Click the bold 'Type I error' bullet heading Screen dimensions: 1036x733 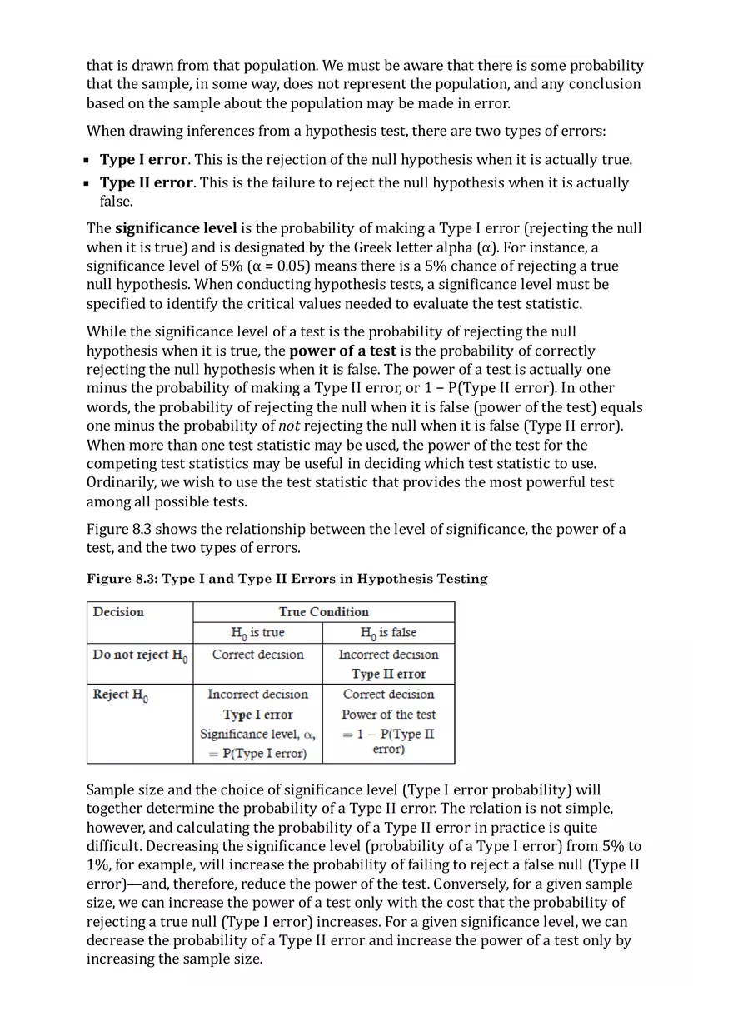pyautogui.click(x=143, y=160)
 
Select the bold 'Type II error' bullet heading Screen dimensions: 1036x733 pyautogui.click(x=147, y=182)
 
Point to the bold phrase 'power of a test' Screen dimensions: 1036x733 pyautogui.click(x=342, y=351)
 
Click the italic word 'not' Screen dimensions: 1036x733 pyautogui.click(x=288, y=426)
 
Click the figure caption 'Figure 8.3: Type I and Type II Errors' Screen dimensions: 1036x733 pyautogui.click(x=287, y=579)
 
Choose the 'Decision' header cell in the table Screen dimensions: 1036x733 pyautogui.click(x=118, y=612)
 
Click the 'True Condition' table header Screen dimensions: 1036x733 pyautogui.click(x=323, y=612)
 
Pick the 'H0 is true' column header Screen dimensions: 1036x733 pyautogui.click(x=257, y=633)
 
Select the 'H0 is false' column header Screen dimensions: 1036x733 pyautogui.click(x=388, y=633)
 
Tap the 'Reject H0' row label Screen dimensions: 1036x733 pyautogui.click(x=122, y=695)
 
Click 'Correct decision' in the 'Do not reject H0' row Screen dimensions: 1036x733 pyautogui.click(x=257, y=655)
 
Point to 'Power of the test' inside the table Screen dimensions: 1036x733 pyautogui.click(x=388, y=715)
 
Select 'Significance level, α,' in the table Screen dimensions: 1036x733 pyautogui.click(x=257, y=734)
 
